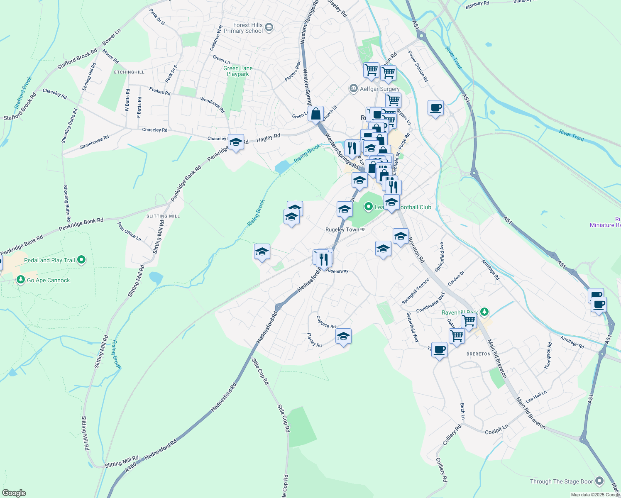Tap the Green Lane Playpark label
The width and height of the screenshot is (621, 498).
238,71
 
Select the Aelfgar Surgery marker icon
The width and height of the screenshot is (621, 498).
353,88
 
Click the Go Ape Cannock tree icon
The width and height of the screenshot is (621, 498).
21,280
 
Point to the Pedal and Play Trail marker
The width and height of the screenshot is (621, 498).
81,260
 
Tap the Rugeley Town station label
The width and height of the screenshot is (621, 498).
342,229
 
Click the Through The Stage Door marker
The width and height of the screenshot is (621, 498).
599,481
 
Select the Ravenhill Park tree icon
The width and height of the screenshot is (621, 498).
484,312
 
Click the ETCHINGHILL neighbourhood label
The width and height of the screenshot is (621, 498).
130,72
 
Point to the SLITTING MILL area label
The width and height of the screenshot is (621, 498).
163,216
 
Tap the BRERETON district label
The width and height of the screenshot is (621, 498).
479,354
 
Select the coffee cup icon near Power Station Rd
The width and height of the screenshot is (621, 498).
435,108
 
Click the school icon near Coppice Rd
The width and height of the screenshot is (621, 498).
343,337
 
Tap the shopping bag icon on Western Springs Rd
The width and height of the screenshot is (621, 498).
315,113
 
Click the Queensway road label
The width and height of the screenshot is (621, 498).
337,271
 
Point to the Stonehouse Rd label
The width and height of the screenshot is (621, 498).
94,142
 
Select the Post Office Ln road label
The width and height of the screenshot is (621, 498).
130,232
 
